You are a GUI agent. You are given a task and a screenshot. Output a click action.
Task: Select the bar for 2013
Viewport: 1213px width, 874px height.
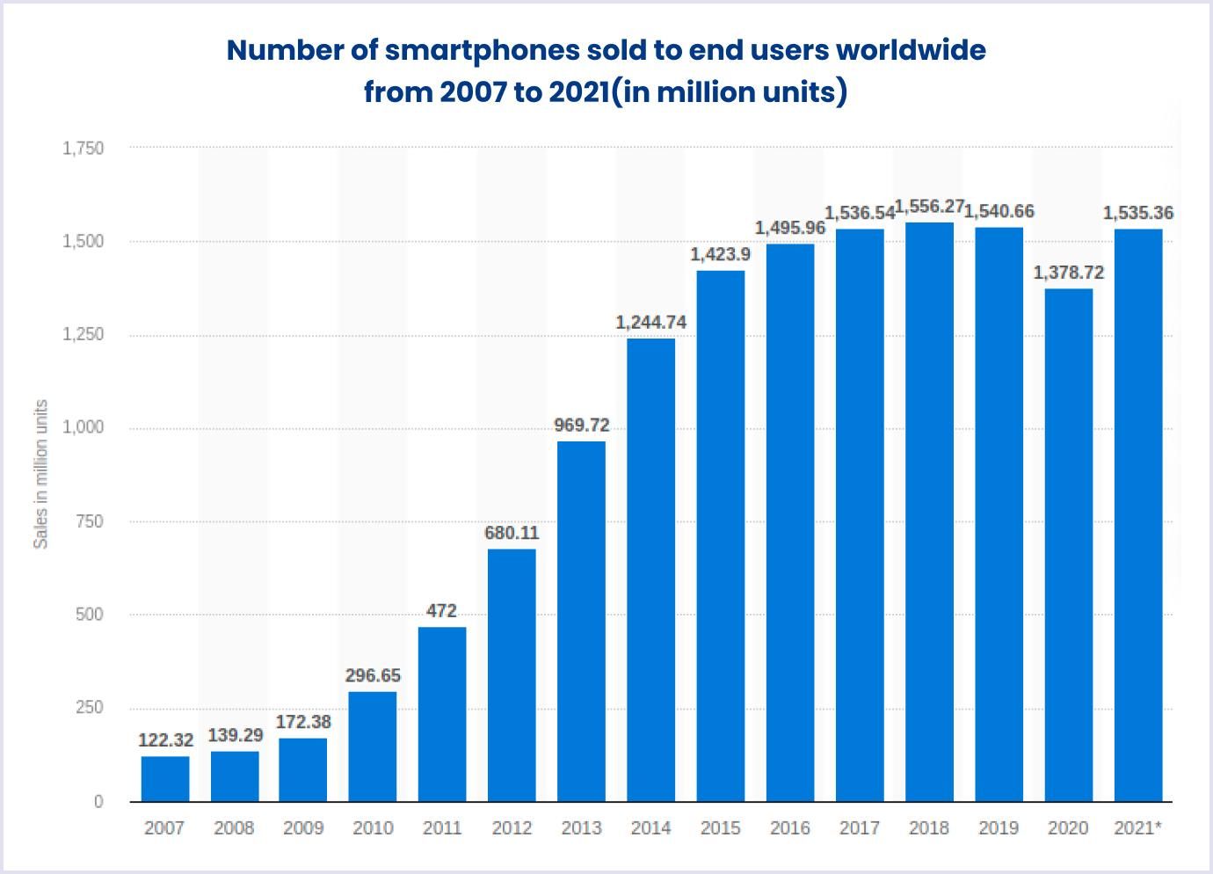[x=581, y=621]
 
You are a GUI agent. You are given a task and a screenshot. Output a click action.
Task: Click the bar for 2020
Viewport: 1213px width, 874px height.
[x=1069, y=545]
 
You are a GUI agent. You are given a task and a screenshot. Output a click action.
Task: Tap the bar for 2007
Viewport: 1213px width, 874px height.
[x=164, y=779]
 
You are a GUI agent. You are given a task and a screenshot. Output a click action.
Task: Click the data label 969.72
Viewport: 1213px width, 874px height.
[x=581, y=426]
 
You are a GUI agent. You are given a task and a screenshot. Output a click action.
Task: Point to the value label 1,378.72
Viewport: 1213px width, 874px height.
[x=1068, y=273]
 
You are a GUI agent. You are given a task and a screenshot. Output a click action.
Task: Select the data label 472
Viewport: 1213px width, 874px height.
[x=441, y=611]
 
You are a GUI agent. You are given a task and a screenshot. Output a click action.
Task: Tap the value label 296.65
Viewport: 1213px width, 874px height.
[x=373, y=675]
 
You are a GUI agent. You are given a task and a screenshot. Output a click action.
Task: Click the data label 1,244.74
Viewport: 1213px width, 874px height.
[x=650, y=323]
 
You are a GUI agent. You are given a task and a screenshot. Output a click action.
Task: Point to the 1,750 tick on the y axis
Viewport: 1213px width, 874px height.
[x=83, y=149]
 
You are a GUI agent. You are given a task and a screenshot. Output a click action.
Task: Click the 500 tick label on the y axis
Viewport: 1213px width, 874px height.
[x=89, y=615]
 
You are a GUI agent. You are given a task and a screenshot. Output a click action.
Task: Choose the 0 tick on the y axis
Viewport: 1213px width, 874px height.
[x=98, y=802]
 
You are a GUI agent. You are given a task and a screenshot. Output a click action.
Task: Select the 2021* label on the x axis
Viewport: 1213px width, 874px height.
[x=1137, y=828]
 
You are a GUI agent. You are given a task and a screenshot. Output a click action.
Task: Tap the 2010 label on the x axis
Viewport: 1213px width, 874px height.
[x=373, y=828]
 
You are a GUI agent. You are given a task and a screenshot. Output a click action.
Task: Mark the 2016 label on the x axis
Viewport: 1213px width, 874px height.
[x=789, y=828]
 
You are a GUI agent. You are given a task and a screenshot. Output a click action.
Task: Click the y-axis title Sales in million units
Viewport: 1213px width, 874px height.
[x=40, y=474]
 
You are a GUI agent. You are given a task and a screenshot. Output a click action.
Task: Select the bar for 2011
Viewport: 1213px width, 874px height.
[x=442, y=714]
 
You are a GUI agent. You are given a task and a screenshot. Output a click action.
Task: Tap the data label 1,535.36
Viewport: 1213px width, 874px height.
[x=1137, y=213]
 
